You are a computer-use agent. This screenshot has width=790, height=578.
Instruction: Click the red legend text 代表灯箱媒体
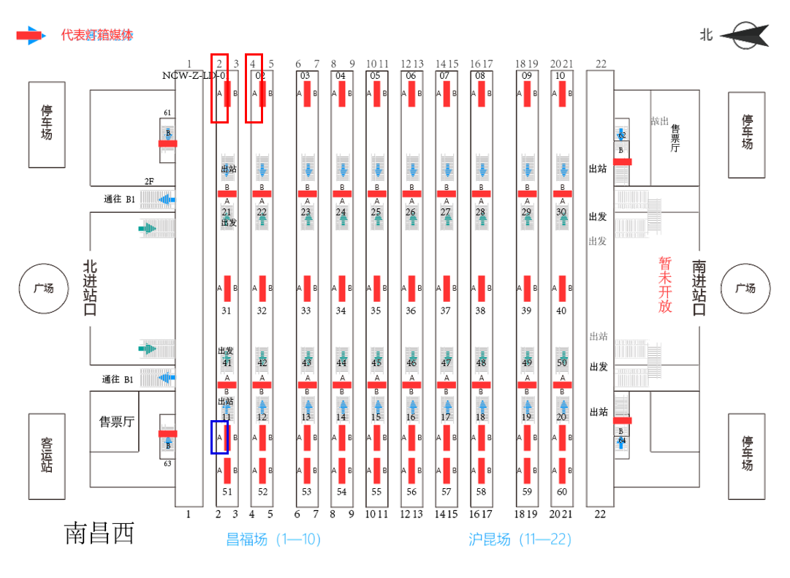click(97, 35)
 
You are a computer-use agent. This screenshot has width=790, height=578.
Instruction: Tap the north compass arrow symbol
click(743, 34)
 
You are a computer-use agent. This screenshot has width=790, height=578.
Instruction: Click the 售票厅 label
click(117, 421)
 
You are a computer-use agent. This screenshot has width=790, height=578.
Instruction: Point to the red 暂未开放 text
click(665, 285)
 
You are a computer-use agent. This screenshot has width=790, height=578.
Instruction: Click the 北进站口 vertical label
click(90, 288)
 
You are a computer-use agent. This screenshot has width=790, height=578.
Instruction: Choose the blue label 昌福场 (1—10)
click(273, 539)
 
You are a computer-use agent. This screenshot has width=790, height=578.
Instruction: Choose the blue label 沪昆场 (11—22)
click(520, 539)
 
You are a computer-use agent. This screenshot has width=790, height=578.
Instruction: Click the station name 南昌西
click(100, 533)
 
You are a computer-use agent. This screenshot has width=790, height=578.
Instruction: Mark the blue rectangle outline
click(220, 437)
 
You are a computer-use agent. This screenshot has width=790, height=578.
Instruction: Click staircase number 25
click(376, 213)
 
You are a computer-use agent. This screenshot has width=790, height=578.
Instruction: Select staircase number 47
click(447, 362)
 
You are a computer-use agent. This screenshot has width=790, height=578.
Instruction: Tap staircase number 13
click(307, 417)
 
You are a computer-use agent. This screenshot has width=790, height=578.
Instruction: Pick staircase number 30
click(562, 213)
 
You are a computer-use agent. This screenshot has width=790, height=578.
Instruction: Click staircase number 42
click(262, 362)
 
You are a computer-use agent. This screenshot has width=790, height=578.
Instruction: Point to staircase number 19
click(527, 417)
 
